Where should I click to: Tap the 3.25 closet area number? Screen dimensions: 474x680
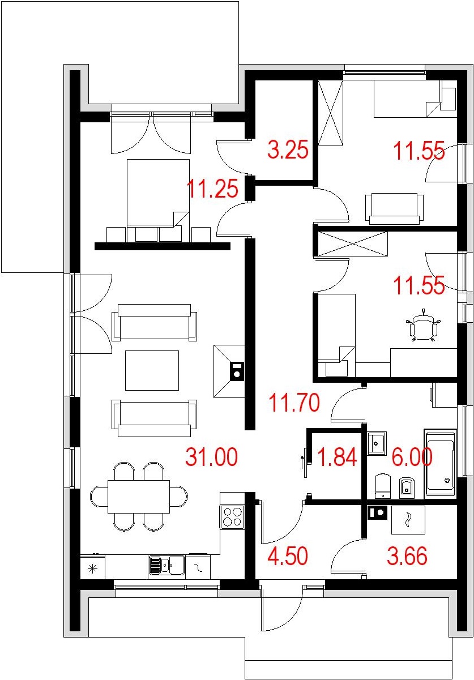point(288,149)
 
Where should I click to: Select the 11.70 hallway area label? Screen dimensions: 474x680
point(294,402)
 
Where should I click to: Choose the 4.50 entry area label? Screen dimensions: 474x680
point(288,555)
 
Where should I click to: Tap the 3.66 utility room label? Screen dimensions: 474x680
point(407,555)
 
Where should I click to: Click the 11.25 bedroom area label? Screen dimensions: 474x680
point(212,189)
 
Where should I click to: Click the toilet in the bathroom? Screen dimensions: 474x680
point(383,485)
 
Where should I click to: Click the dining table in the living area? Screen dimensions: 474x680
point(139,497)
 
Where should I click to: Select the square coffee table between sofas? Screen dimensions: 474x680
point(152,370)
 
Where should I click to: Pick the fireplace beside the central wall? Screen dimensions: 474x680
point(229,371)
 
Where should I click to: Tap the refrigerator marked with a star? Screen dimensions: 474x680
point(93,568)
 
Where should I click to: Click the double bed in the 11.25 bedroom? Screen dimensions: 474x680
point(158,200)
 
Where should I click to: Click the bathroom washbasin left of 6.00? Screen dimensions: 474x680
point(377,443)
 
